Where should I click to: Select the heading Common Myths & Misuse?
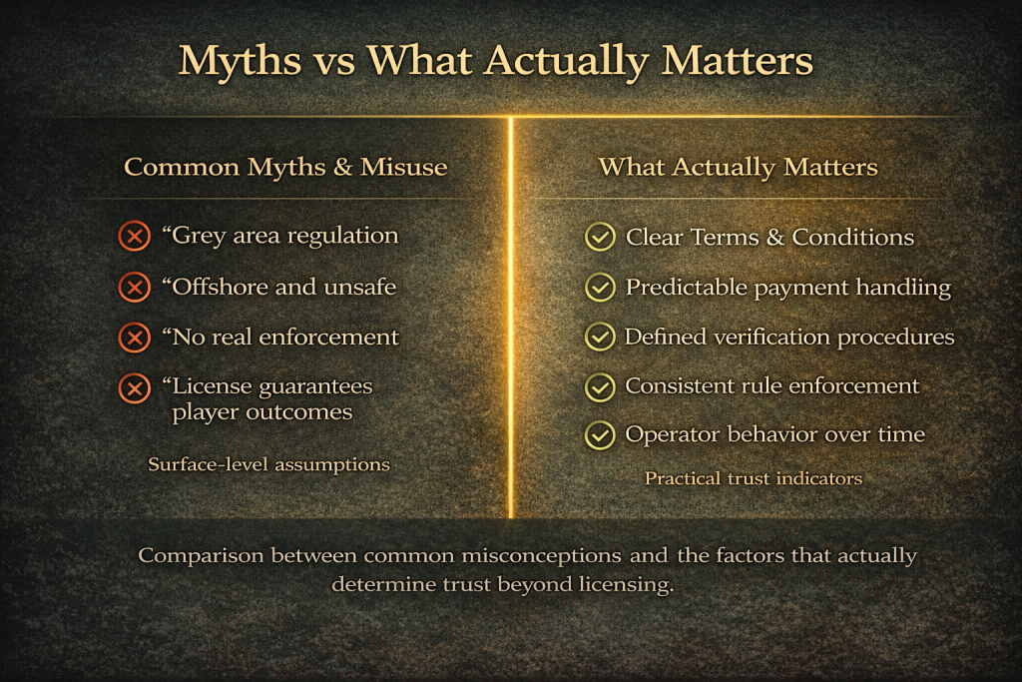[285, 167]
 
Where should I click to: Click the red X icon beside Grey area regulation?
[135, 236]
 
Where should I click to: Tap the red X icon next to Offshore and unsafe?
[135, 287]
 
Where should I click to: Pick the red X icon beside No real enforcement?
[135, 338]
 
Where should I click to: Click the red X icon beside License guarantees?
[135, 388]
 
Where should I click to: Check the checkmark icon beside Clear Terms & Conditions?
[600, 237]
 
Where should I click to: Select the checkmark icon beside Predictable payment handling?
[600, 287]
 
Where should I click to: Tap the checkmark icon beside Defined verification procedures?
[600, 338]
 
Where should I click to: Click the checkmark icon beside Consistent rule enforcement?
[600, 386]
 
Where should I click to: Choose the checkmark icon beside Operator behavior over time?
[600, 435]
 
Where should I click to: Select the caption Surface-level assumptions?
[268, 464]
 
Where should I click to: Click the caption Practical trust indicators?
[753, 478]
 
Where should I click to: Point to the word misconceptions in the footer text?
[541, 556]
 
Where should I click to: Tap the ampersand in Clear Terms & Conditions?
[774, 238]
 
